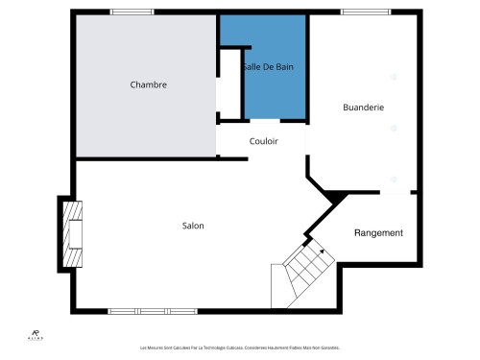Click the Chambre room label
click(x=149, y=84)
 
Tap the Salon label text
click(x=193, y=227)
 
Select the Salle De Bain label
click(x=268, y=67)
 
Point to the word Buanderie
click(x=363, y=108)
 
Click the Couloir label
click(x=264, y=141)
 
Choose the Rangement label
click(x=378, y=233)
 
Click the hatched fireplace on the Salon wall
click(x=72, y=233)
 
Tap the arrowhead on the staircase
click(x=322, y=251)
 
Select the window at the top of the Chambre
click(x=132, y=12)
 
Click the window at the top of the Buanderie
click(x=359, y=12)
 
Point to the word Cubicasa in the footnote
click(x=236, y=348)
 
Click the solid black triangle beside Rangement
click(x=333, y=198)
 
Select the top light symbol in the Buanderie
click(x=393, y=76)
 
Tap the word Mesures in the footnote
click(x=156, y=348)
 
